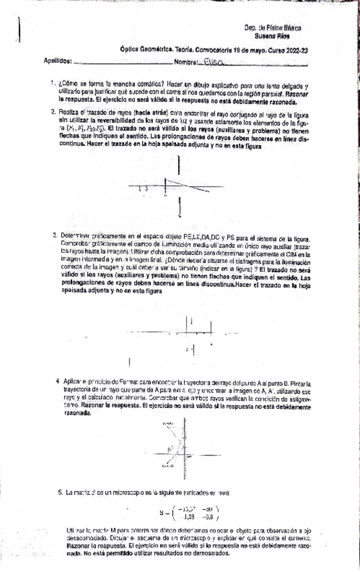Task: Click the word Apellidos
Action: coord(57,62)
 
